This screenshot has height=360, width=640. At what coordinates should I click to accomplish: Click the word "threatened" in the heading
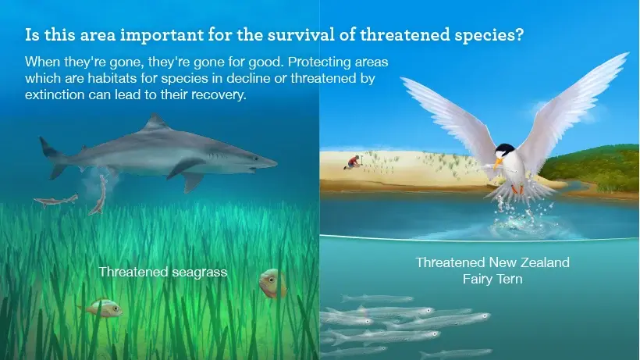(x=404, y=34)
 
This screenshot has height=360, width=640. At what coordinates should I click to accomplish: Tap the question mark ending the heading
(x=519, y=34)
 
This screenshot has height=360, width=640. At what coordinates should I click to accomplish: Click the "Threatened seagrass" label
(x=163, y=272)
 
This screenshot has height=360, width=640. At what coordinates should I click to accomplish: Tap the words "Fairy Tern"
(x=492, y=280)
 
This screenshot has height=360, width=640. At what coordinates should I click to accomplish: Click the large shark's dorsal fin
(x=155, y=122)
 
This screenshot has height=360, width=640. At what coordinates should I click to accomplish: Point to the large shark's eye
(x=256, y=159)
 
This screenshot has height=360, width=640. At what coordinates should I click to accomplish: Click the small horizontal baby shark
(x=56, y=200)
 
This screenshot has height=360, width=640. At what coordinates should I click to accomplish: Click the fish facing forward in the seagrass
(x=272, y=283)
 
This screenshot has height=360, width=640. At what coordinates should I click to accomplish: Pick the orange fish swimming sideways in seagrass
(x=101, y=307)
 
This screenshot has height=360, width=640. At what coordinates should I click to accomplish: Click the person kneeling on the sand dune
(x=352, y=162)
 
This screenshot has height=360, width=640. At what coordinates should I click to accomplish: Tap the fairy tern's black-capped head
(x=505, y=151)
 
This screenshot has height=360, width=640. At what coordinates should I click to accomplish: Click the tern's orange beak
(x=497, y=164)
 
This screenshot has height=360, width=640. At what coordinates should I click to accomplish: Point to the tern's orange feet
(x=517, y=190)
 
